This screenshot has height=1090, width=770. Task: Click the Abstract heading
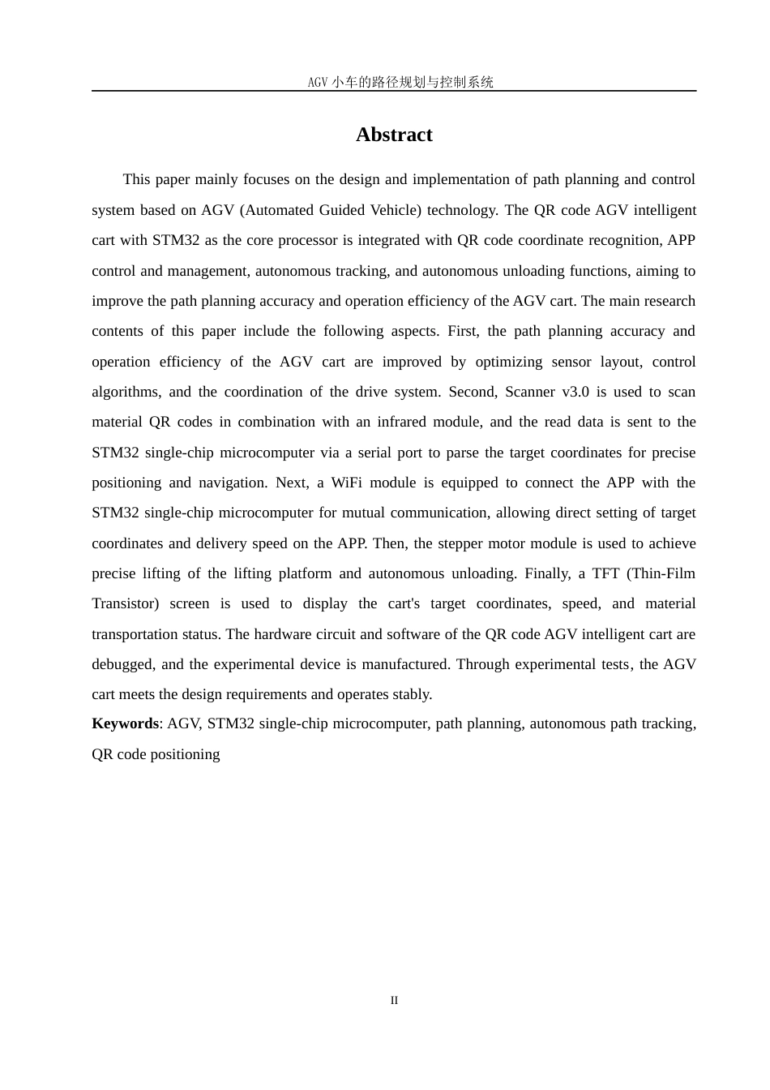pyautogui.click(x=394, y=135)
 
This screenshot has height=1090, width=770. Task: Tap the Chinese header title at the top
pyautogui.click(x=400, y=82)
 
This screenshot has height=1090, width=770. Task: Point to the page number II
pyautogui.click(x=394, y=1001)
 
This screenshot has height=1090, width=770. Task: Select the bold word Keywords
pyautogui.click(x=125, y=723)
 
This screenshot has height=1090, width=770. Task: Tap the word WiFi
pyautogui.click(x=347, y=483)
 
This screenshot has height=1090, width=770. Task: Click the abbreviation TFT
pyautogui.click(x=605, y=573)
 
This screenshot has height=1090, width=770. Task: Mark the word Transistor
pyautogui.click(x=125, y=603)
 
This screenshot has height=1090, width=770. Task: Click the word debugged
pyautogui.click(x=122, y=664)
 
